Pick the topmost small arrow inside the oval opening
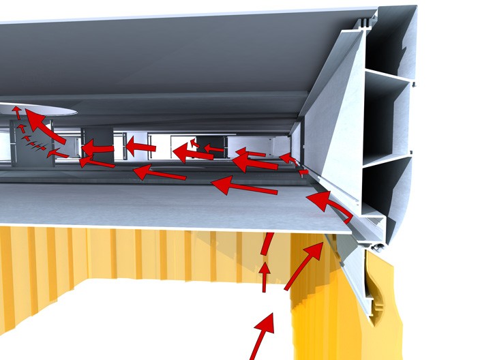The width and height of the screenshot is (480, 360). (x=16, y=112)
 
